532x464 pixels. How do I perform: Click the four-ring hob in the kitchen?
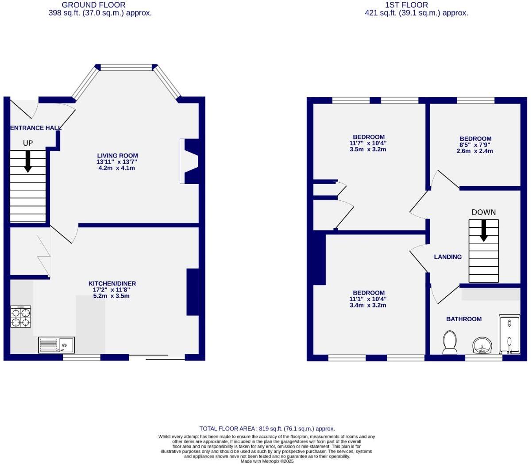click(21, 317)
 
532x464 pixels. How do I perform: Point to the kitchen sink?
click(57, 345)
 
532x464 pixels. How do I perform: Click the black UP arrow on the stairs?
click(28, 161)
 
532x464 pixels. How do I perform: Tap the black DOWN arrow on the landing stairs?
click(484, 230)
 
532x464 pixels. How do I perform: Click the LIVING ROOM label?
click(117, 156)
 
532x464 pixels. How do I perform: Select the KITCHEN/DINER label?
click(112, 284)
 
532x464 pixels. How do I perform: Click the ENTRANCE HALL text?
click(35, 128)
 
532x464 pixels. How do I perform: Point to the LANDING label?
click(447, 257)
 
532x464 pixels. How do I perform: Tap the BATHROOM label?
click(463, 319)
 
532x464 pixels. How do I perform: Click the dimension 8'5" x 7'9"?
click(474, 145)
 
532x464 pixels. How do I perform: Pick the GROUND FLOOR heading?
click(93, 5)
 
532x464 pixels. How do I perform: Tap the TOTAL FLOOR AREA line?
click(267, 429)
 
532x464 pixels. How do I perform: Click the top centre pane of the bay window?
click(126, 68)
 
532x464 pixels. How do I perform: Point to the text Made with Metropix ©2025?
click(267, 461)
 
